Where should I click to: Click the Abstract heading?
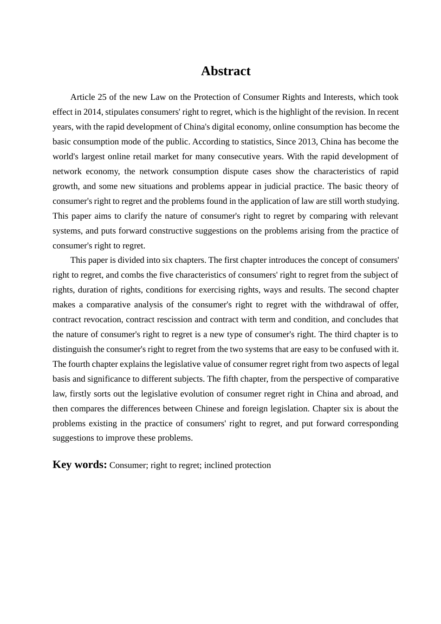point(226,71)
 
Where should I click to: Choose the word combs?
point(132,275)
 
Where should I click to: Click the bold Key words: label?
point(79,465)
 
